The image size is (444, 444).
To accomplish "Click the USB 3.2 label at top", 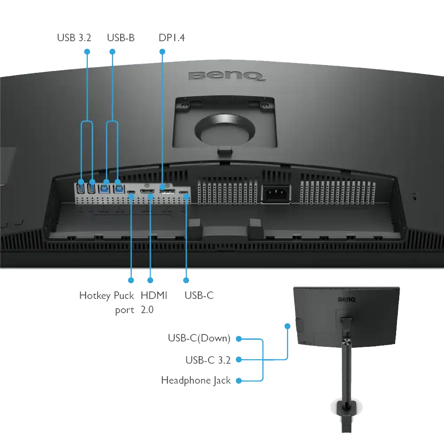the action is click(x=74, y=38).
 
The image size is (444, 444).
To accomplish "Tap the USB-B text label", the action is click(x=121, y=38).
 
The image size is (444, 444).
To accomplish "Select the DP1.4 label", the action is click(x=172, y=38).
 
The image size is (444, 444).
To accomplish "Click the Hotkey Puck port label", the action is click(x=107, y=303).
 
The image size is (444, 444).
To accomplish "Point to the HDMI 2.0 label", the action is click(x=154, y=303).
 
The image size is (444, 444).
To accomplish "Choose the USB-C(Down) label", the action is click(x=199, y=338).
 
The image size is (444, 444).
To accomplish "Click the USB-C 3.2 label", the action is click(x=208, y=360).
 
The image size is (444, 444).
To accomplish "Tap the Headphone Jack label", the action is click(x=196, y=380).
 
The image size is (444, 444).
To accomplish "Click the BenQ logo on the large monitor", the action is click(x=227, y=76).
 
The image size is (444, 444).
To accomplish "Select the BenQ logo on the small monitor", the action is click(x=347, y=299).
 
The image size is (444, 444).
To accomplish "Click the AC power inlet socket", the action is click(x=275, y=194).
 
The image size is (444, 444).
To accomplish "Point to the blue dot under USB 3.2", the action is click(x=87, y=52).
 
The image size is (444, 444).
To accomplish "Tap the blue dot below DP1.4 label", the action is click(x=162, y=52).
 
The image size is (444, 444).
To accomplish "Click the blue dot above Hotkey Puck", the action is click(x=131, y=280).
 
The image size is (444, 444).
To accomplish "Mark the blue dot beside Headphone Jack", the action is click(x=239, y=381).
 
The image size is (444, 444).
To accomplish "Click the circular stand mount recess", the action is click(x=225, y=129).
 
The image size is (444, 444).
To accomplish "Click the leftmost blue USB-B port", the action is click(x=104, y=189).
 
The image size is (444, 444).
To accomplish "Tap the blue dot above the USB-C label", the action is click(x=186, y=280).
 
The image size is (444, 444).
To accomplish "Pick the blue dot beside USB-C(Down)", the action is click(x=239, y=339).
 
